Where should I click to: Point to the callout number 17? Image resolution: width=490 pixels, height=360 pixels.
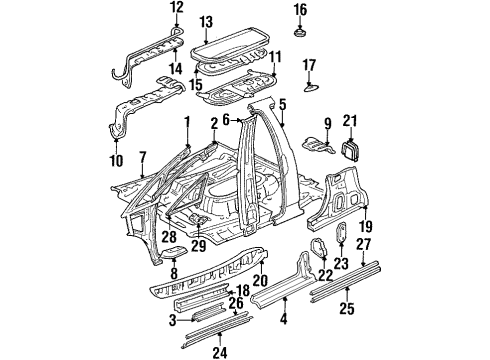pos(309,66)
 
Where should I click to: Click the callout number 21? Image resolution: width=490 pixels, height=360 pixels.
pos(349,122)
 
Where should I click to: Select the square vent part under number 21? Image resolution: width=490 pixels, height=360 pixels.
pos(350,150)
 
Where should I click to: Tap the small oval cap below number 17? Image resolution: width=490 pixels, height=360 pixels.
pos(310,88)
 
